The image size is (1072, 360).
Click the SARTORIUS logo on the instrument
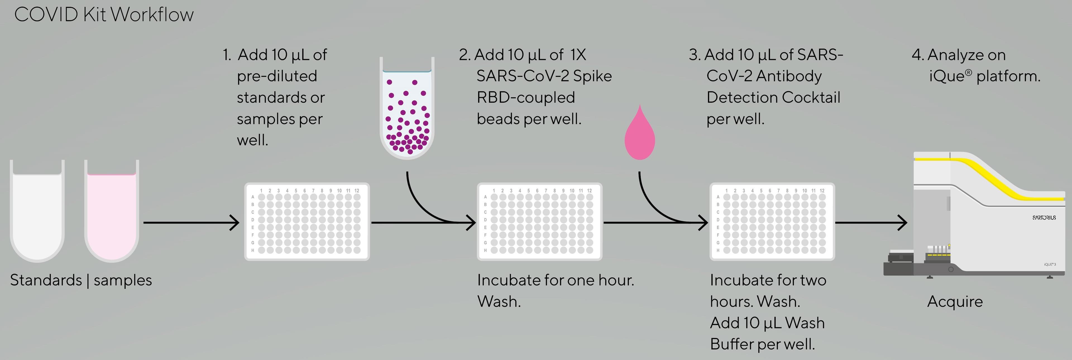click(x=1044, y=218)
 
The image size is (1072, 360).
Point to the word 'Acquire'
click(x=955, y=301)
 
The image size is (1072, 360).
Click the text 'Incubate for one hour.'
click(x=555, y=280)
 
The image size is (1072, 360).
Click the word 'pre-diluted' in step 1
click(x=277, y=76)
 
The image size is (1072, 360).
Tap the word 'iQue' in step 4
click(x=946, y=76)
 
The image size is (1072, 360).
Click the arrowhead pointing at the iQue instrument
click(x=903, y=223)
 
